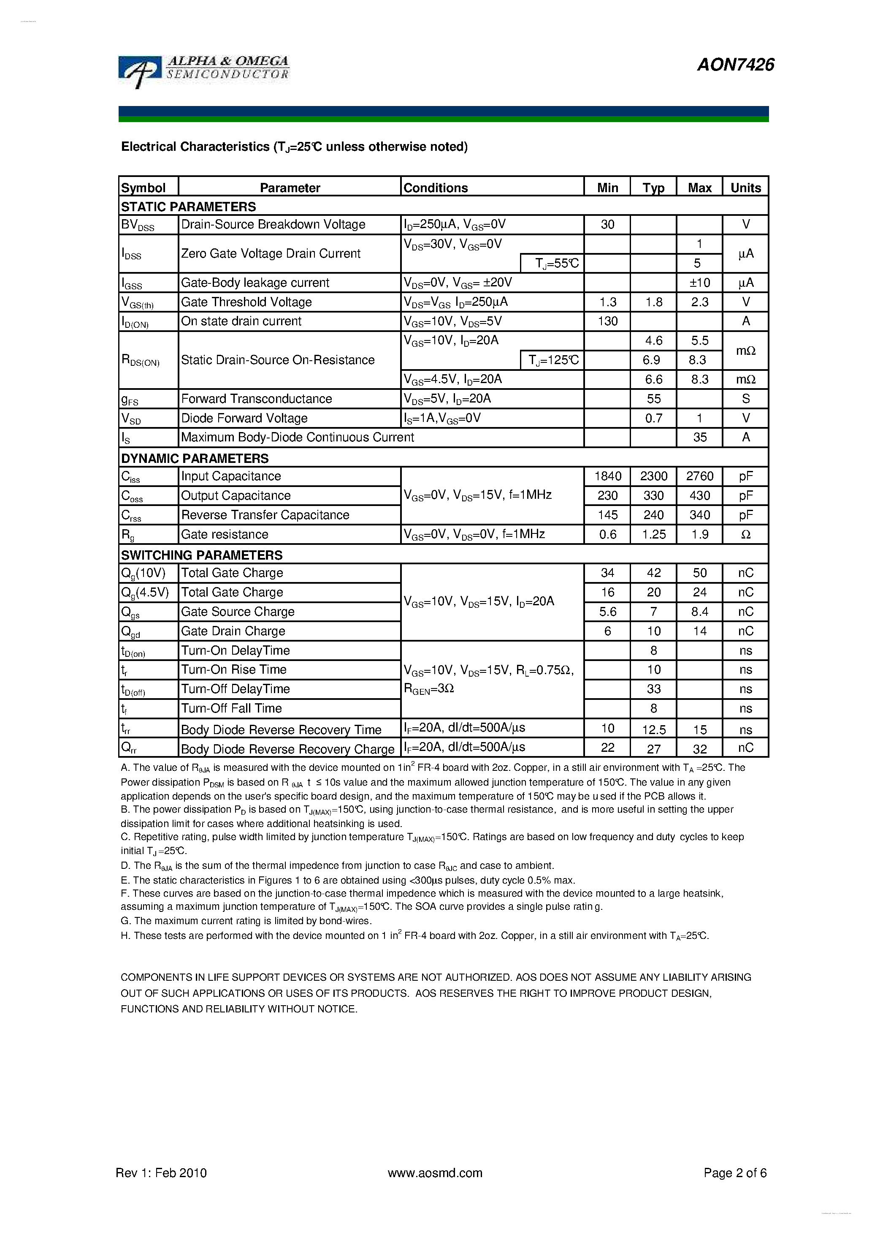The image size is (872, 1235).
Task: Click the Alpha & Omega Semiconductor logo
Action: [204, 70]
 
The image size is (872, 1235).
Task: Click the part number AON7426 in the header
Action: [735, 65]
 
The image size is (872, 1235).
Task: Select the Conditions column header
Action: [436, 188]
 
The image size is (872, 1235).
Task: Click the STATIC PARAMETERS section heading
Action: [188, 207]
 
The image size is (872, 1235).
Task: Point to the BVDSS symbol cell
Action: [138, 225]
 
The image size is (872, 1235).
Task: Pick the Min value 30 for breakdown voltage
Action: [607, 224]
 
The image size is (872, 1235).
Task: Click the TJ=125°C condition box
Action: [552, 360]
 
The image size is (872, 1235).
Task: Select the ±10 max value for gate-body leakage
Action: [699, 283]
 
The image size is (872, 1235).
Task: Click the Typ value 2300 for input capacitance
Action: [653, 476]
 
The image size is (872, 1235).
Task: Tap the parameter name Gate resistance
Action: [225, 534]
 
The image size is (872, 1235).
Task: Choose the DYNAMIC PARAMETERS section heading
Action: [195, 458]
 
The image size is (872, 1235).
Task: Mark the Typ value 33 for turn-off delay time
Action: [653, 689]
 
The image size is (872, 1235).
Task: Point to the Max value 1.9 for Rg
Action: [699, 534]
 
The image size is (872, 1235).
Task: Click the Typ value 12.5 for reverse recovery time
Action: [653, 730]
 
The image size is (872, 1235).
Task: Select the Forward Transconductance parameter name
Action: [257, 399]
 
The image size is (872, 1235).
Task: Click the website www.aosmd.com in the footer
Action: [435, 1172]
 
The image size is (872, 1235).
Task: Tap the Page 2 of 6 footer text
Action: [735, 1172]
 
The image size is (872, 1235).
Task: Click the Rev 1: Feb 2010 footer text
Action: [161, 1172]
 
